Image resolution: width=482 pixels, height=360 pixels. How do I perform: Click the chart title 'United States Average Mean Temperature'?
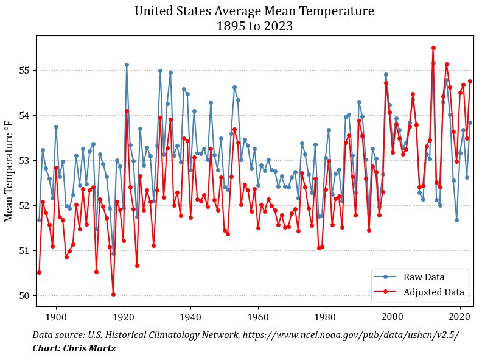tap(254, 11)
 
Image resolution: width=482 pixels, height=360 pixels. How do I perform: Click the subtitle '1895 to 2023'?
tap(254, 26)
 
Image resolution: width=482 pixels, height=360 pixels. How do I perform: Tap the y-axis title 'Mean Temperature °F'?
tap(9, 171)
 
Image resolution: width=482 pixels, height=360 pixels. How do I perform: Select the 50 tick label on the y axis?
tap(24, 296)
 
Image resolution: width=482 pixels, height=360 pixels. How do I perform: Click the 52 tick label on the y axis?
tap(24, 205)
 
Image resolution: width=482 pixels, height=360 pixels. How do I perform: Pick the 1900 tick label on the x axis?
tap(56, 317)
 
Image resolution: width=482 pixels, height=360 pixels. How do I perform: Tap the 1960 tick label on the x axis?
tap(258, 317)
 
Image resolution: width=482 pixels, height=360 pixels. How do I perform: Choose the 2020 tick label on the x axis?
tap(460, 317)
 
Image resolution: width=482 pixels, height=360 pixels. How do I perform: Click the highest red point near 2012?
tap(433, 48)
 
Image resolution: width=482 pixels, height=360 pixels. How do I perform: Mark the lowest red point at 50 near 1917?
tap(113, 294)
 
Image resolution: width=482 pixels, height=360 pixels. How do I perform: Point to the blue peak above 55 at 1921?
tap(127, 65)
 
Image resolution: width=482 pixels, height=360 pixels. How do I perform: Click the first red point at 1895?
tap(39, 273)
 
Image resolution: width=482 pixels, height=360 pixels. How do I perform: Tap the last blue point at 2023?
tap(470, 123)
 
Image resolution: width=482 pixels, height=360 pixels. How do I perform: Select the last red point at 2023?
tap(470, 81)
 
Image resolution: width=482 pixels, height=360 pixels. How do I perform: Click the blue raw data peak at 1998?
tap(386, 75)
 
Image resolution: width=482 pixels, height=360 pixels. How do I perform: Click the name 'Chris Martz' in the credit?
tap(89, 348)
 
